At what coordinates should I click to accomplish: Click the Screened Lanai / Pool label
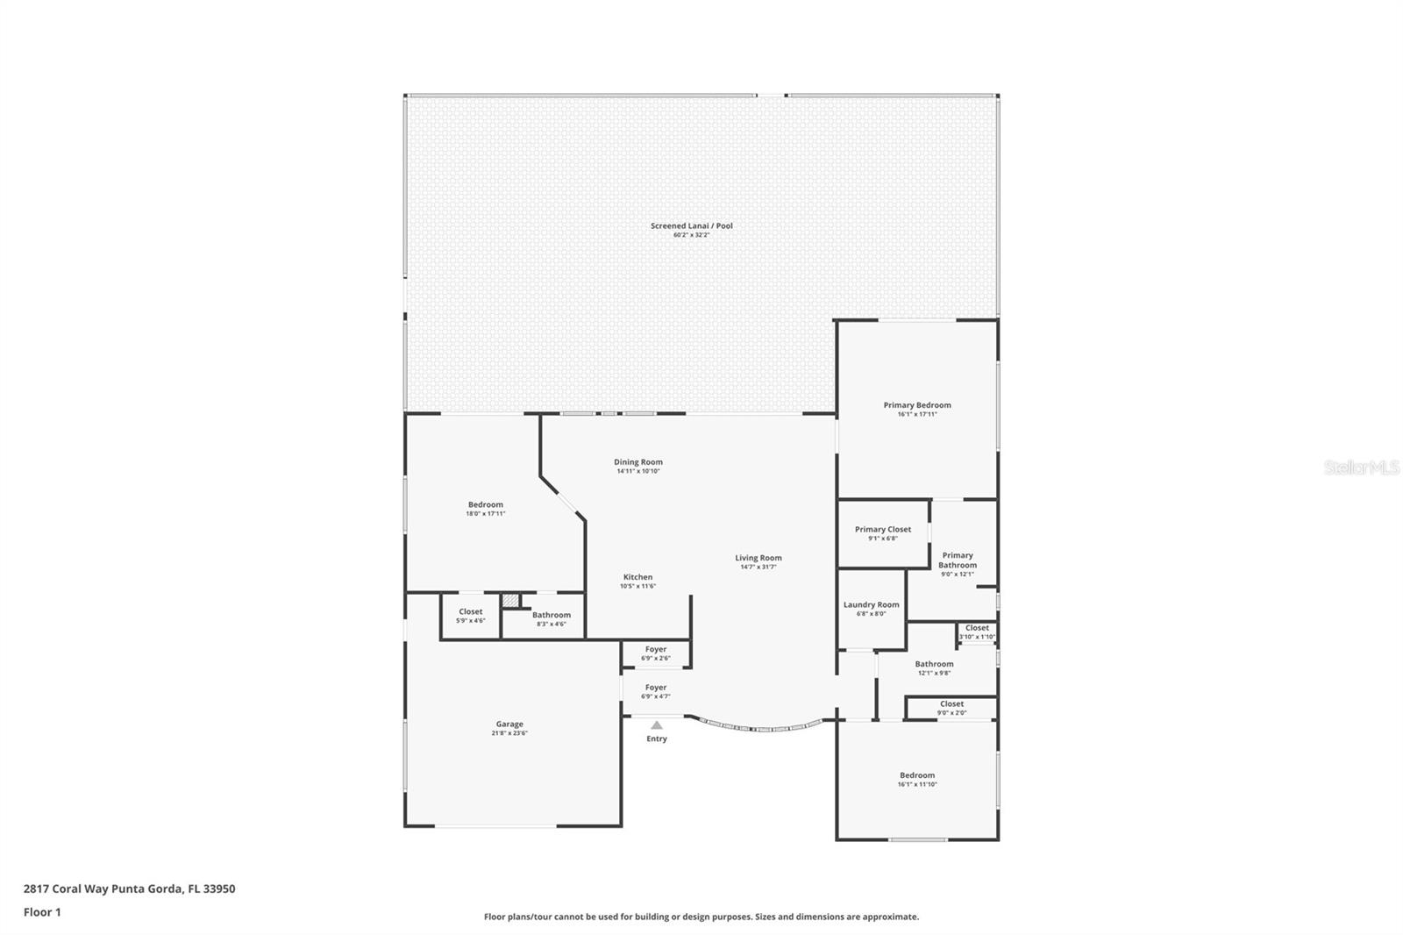pyautogui.click(x=691, y=225)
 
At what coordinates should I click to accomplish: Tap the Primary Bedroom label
pyautogui.click(x=916, y=405)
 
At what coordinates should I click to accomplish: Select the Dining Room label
pyautogui.click(x=637, y=462)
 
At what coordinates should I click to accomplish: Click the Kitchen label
pyautogui.click(x=637, y=577)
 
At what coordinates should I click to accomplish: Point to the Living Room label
pyautogui.click(x=758, y=558)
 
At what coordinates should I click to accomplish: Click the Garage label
pyautogui.click(x=509, y=724)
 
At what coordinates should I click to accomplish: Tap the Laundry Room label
pyautogui.click(x=871, y=604)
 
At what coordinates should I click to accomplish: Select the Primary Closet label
pyautogui.click(x=882, y=529)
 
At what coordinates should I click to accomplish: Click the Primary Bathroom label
pyautogui.click(x=957, y=560)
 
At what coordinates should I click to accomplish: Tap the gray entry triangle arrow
pyautogui.click(x=657, y=725)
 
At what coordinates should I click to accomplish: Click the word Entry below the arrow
pyautogui.click(x=657, y=739)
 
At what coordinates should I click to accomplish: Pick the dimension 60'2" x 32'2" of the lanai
pyautogui.click(x=691, y=235)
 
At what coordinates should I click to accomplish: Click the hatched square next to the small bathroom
pyautogui.click(x=510, y=602)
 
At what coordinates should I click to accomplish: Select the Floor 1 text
pyautogui.click(x=42, y=912)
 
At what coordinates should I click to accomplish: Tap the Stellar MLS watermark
pyautogui.click(x=1361, y=468)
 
